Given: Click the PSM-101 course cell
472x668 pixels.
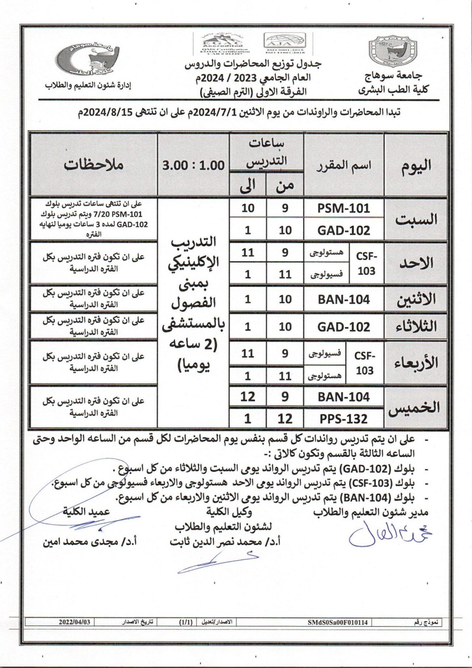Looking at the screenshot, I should (x=344, y=208).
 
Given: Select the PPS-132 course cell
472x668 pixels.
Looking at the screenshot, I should (x=344, y=418).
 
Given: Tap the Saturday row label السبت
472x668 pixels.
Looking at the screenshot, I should (x=416, y=220).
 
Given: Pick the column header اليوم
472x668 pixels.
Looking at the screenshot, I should (x=416, y=165).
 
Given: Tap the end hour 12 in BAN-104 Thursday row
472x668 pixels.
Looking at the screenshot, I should (x=248, y=397).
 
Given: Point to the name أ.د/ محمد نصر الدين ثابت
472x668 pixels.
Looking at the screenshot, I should (x=225, y=542).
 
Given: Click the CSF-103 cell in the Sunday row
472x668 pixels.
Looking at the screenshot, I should (x=366, y=264).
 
